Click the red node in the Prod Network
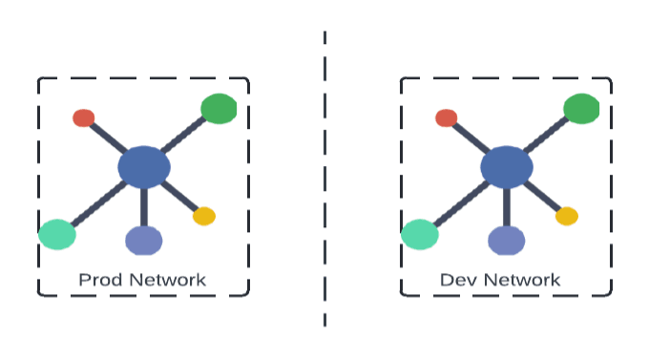click(83, 118)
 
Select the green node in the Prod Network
click(219, 109)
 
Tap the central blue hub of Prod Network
click(144, 168)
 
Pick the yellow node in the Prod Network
click(204, 216)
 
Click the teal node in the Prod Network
click(57, 233)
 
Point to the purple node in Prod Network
click(144, 241)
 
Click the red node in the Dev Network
click(446, 118)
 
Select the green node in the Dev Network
click(581, 109)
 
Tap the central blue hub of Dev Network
click(507, 168)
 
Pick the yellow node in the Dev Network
click(567, 216)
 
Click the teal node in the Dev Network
click(420, 233)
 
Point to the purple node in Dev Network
click(507, 241)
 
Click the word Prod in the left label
click(97, 280)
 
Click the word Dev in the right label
click(457, 280)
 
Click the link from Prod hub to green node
click(183, 137)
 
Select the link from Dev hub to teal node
click(461, 202)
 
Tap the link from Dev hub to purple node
click(507, 206)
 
